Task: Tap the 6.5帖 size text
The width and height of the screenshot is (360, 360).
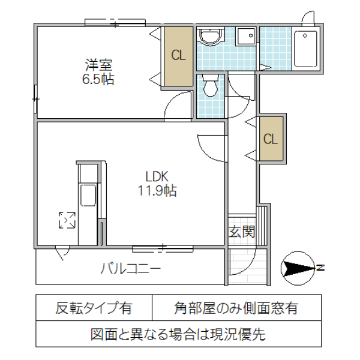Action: pos(98,79)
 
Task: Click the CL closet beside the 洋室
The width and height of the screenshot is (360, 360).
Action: pos(179,56)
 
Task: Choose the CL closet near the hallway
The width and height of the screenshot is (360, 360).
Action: pos(270,139)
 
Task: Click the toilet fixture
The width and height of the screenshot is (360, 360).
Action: pos(210,88)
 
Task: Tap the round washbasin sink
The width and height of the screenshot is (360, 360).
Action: pos(211,37)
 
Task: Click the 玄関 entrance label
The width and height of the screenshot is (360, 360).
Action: pos(242,232)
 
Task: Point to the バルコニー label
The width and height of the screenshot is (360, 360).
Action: pos(130,268)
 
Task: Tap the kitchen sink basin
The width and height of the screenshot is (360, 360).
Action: pos(88,196)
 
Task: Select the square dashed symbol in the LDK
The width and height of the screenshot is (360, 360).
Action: pos(67,220)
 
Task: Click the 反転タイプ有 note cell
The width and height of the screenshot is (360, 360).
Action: pos(94,308)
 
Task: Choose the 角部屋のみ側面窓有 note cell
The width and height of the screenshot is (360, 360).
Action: pos(236,308)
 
